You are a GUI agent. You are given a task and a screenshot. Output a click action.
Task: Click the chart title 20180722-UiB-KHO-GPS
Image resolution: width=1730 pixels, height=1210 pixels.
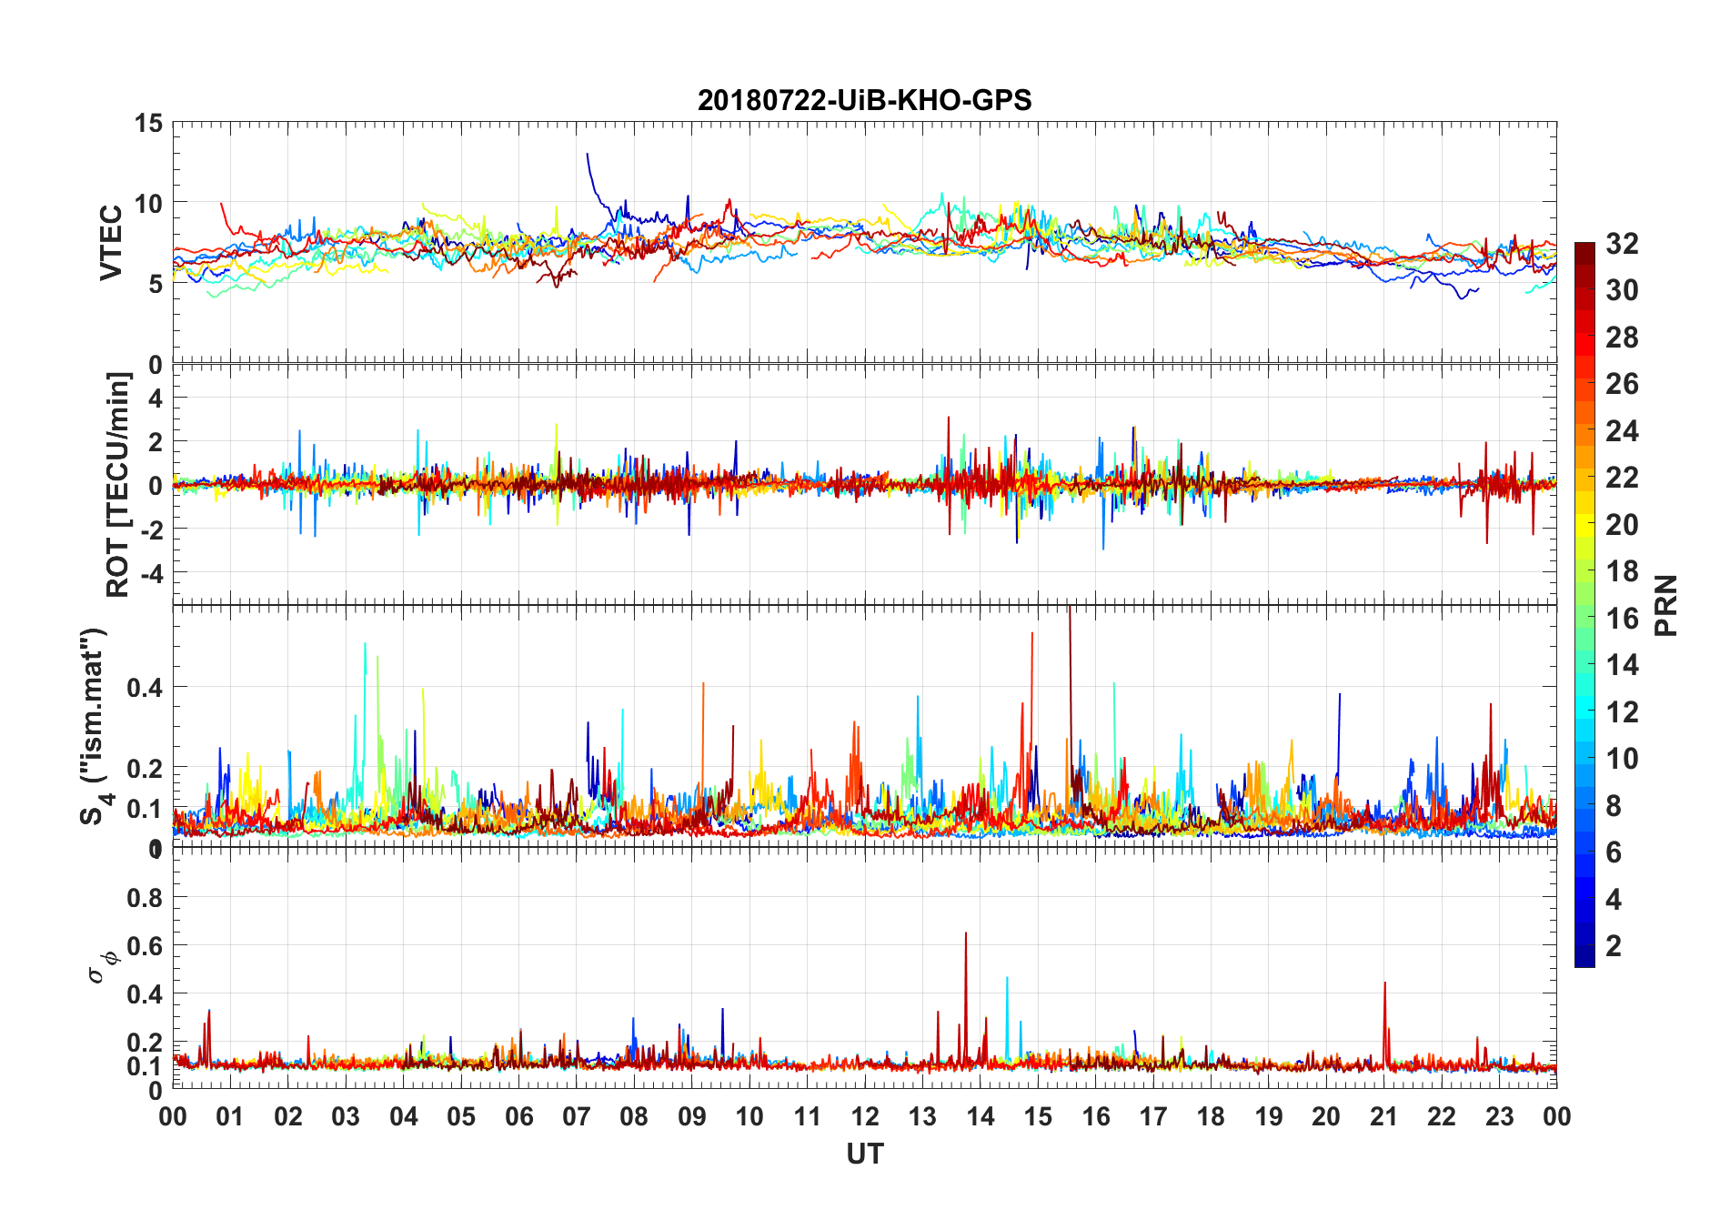(864, 100)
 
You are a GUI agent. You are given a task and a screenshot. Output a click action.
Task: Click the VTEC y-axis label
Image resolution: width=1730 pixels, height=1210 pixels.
(111, 243)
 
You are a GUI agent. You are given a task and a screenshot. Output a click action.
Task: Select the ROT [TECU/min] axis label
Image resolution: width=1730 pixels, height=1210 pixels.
(118, 484)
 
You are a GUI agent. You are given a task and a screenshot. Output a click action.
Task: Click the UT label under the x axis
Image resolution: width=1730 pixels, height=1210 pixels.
(864, 1154)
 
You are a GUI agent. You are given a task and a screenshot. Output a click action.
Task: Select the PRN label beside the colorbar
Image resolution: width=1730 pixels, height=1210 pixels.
(1665, 605)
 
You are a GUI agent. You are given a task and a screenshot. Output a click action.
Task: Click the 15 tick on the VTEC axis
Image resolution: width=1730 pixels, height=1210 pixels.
(148, 123)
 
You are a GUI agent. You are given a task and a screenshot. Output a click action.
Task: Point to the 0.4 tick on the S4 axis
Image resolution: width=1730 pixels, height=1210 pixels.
(145, 688)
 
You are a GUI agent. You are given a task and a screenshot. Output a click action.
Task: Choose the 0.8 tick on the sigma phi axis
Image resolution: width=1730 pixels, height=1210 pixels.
(145, 898)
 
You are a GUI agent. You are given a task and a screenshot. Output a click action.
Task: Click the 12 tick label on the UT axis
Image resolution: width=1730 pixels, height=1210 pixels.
(864, 1116)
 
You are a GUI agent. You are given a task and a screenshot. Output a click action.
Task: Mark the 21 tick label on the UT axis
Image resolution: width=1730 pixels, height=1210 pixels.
(1383, 1116)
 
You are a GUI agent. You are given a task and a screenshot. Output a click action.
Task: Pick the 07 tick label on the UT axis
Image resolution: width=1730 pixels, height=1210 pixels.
(576, 1116)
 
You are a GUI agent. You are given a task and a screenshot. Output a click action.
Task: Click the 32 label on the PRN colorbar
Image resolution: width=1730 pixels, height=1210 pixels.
(1622, 244)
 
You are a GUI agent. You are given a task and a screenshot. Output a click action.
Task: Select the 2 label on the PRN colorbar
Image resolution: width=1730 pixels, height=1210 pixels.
(1614, 946)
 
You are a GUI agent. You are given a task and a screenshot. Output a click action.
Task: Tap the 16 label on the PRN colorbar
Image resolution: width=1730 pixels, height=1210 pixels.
(1622, 619)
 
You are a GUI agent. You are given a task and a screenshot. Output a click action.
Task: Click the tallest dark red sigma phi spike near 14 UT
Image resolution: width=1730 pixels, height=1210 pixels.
(966, 934)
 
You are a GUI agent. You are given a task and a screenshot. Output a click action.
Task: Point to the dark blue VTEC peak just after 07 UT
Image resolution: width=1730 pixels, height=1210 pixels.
(588, 155)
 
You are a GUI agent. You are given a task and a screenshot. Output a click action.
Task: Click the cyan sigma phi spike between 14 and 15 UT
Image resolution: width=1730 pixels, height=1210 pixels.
(1007, 979)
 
